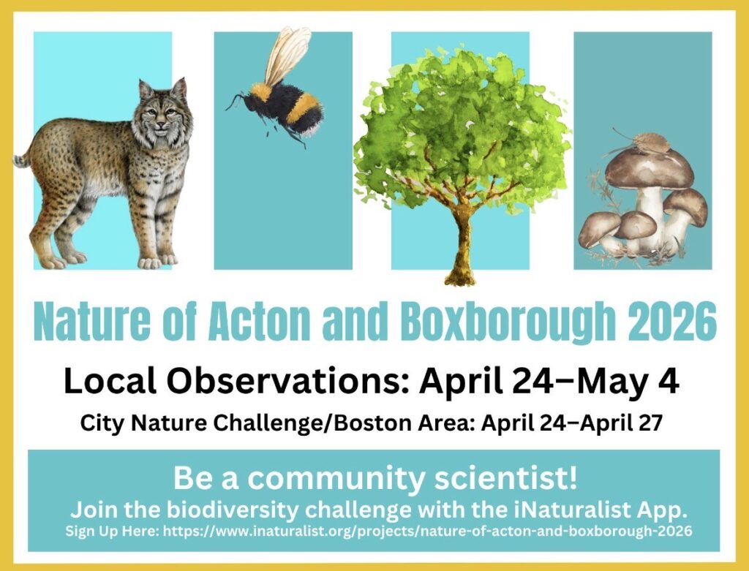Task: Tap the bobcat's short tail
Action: coord(23,157)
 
